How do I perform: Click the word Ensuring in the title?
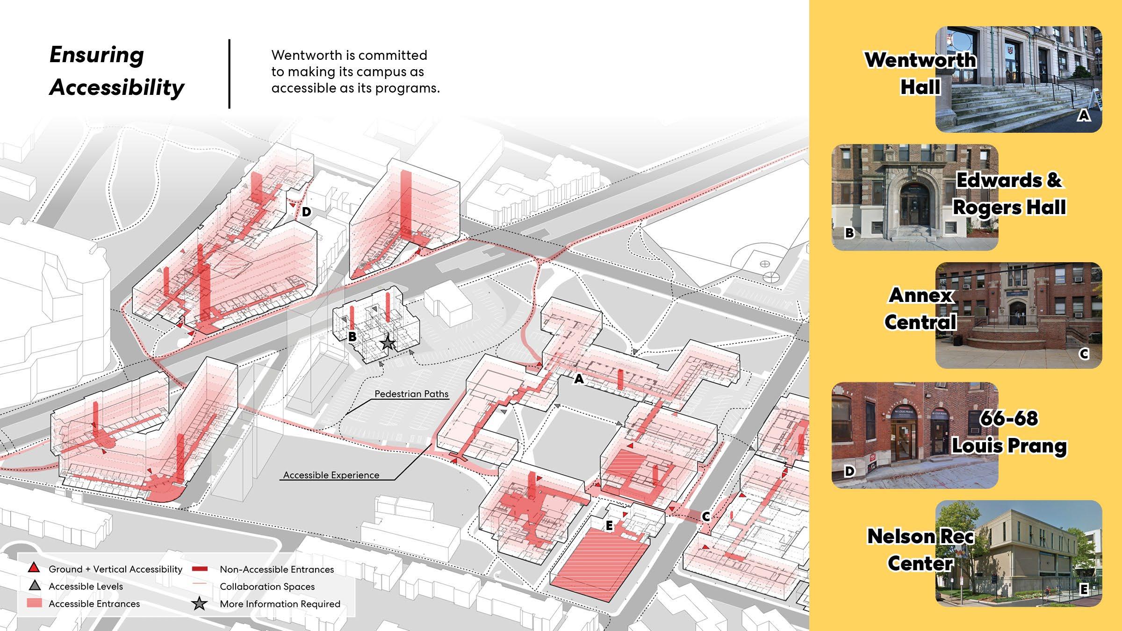coord(97,55)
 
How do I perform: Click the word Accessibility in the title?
coord(117,87)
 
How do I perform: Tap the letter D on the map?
coord(306,212)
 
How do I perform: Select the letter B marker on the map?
coord(352,337)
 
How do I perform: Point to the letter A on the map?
coord(579,379)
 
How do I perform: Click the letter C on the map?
coord(706,516)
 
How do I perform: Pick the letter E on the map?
coord(609,526)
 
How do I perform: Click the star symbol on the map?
coord(387,344)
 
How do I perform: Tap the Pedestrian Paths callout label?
coord(411,394)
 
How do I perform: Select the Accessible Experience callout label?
coord(331,475)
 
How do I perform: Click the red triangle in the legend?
coord(34,568)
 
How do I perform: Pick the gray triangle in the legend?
coord(35,586)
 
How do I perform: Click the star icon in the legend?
coord(200,604)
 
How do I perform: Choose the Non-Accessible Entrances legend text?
coord(277,569)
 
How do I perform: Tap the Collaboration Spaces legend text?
coord(267,587)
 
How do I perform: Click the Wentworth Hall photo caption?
coord(920,73)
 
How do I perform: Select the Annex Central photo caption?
coord(920,308)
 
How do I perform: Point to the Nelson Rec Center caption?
coord(920,550)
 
